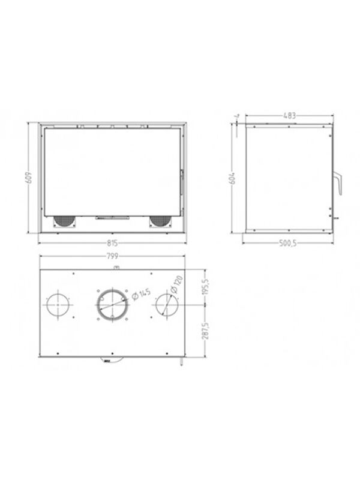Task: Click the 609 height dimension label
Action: click(29, 177)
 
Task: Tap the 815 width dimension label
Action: click(112, 243)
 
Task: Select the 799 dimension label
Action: click(112, 256)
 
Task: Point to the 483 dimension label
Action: click(290, 116)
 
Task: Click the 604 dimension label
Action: click(233, 177)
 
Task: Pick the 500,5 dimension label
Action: click(288, 244)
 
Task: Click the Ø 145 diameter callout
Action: click(141, 294)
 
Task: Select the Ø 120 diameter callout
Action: click(176, 284)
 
